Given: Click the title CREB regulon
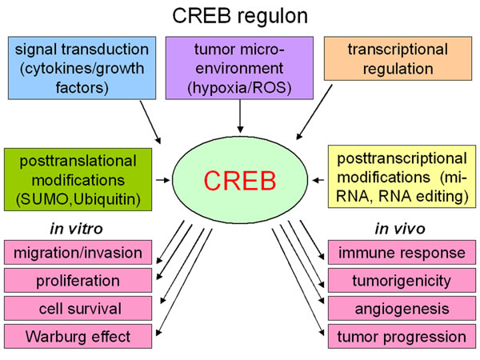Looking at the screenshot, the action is click(240, 16).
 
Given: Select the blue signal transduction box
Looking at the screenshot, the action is click(82, 68).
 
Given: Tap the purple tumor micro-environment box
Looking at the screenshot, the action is click(239, 68).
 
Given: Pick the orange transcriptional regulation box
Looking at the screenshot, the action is click(398, 58).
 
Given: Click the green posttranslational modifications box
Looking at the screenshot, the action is click(78, 180).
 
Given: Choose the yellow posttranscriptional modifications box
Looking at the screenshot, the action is click(402, 177).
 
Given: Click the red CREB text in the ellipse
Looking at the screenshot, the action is click(240, 181).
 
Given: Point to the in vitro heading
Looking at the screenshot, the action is click(77, 229).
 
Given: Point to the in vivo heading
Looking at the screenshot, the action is click(400, 229).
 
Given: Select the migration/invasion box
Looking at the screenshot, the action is click(78, 253).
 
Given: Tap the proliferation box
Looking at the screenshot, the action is click(78, 281).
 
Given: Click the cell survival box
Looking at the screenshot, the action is click(78, 308).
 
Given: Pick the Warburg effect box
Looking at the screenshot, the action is click(78, 337).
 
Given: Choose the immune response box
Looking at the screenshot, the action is click(402, 253).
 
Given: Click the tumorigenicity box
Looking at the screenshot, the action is click(402, 281).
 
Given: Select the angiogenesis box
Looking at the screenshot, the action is click(402, 308).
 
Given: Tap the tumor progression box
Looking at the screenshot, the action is click(402, 337).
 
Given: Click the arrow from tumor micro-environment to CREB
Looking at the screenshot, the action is click(240, 116).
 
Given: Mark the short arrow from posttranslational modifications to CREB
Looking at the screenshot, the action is click(163, 180).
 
